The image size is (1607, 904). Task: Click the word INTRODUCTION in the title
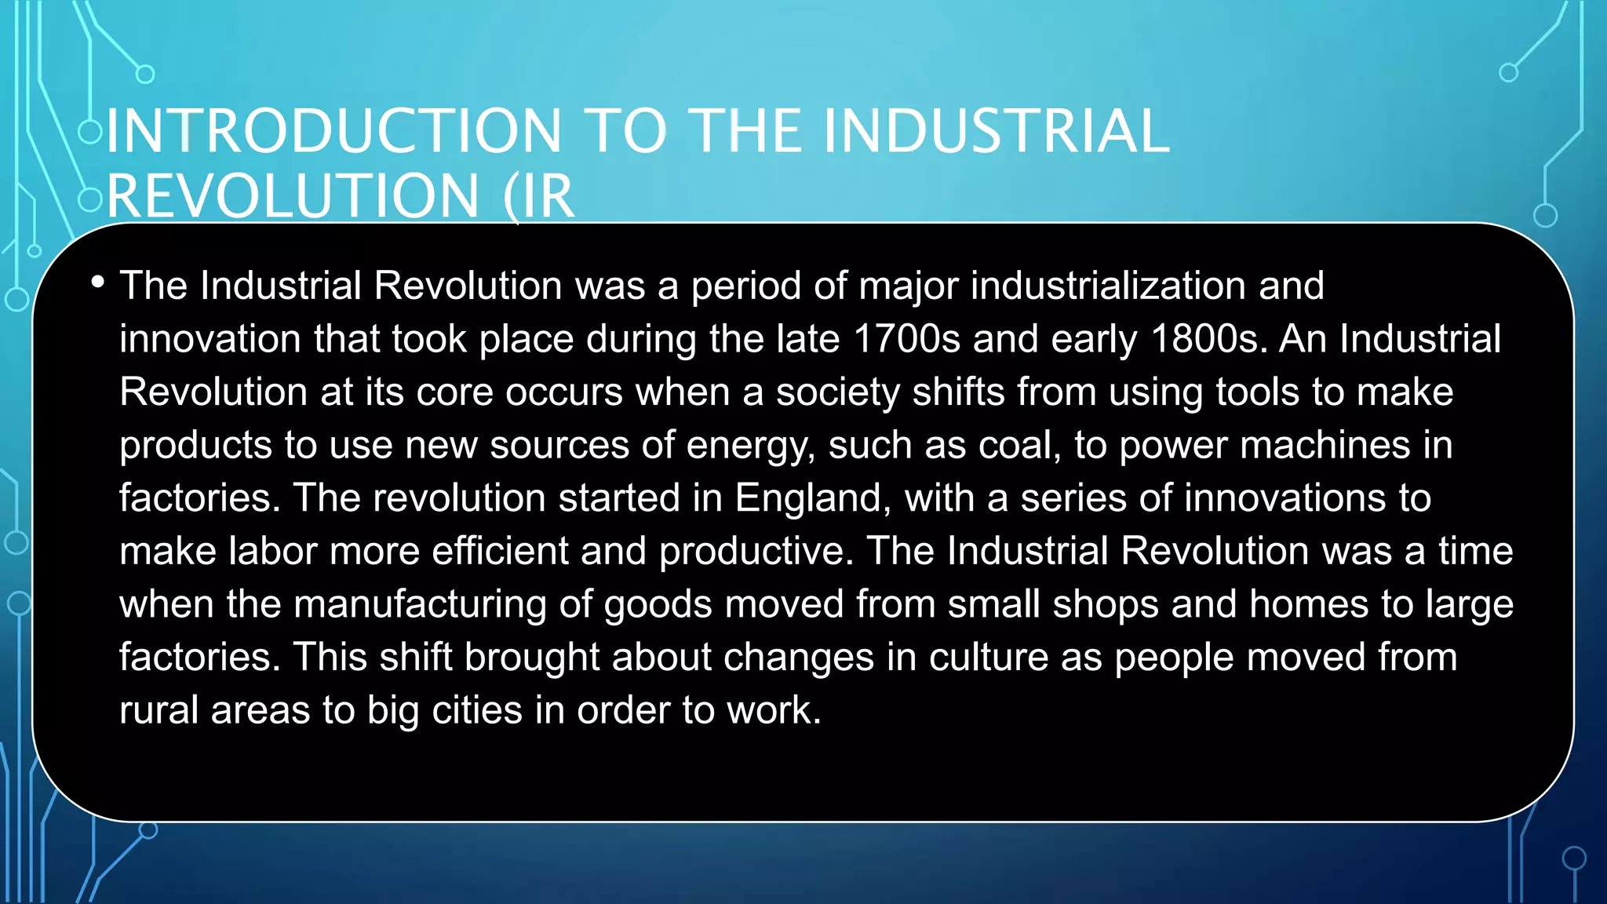click(334, 131)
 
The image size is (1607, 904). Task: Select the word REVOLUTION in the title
click(293, 196)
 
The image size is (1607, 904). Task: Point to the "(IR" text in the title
click(540, 196)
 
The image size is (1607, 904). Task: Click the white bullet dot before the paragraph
click(97, 282)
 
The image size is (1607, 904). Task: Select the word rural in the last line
click(159, 710)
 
